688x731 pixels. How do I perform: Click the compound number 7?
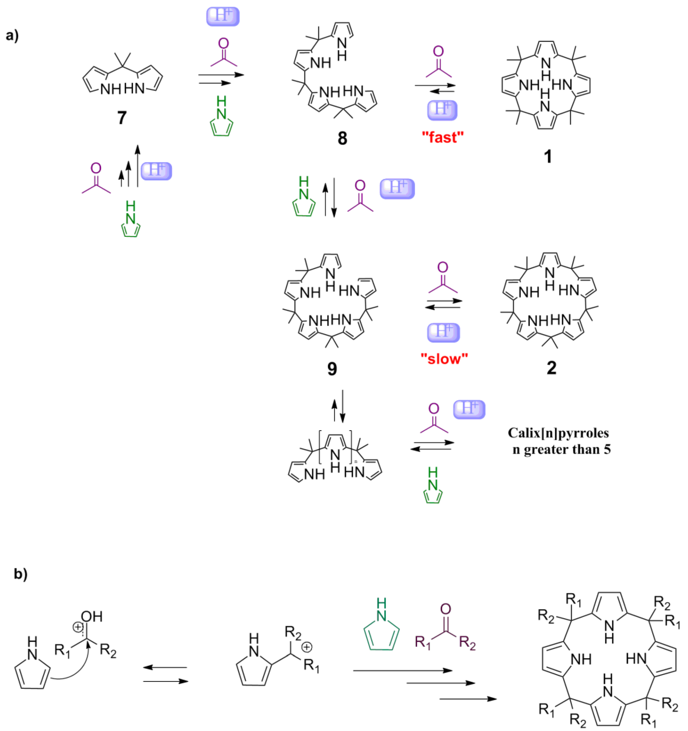[x=122, y=118]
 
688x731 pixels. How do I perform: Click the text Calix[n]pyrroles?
[x=558, y=433]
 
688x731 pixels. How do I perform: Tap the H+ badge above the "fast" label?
[x=442, y=110]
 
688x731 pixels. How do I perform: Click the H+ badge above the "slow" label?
[x=443, y=332]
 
